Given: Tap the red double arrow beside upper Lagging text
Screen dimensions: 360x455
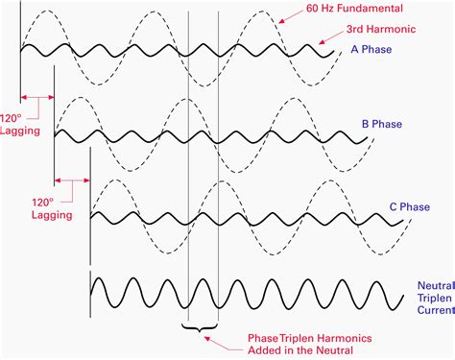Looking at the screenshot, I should (x=37, y=96).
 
